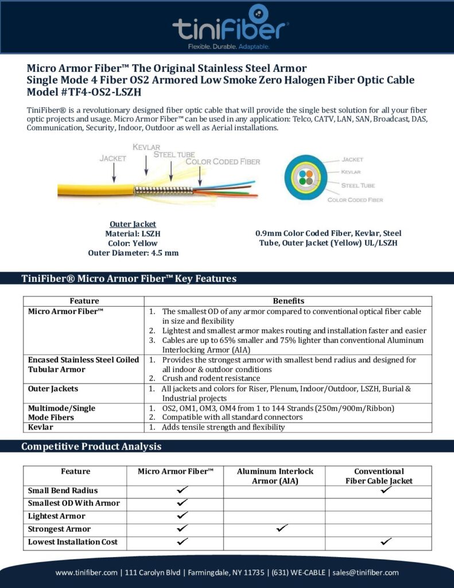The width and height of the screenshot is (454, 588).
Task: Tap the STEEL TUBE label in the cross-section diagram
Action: click(358, 185)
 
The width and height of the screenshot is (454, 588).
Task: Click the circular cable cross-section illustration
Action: click(308, 177)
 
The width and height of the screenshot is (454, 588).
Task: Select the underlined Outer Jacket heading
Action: click(133, 224)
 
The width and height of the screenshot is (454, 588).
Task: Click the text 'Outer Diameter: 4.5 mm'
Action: click(133, 253)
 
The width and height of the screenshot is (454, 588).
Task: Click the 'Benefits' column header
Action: click(288, 301)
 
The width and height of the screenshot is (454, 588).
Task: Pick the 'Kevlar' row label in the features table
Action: click(40, 427)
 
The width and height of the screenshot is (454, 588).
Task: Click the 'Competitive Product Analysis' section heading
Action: click(91, 446)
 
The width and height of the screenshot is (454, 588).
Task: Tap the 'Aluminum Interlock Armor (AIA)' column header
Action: click(275, 476)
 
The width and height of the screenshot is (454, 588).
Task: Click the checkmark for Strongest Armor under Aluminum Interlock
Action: click(281, 528)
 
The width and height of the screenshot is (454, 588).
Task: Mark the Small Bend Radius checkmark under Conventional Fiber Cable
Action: click(386, 490)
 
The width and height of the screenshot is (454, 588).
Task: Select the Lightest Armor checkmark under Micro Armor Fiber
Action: click(183, 515)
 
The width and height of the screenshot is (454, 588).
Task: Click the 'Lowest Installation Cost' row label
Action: click(73, 541)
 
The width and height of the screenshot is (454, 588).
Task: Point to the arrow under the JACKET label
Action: click(114, 171)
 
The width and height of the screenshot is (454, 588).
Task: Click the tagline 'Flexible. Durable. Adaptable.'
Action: click(229, 46)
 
